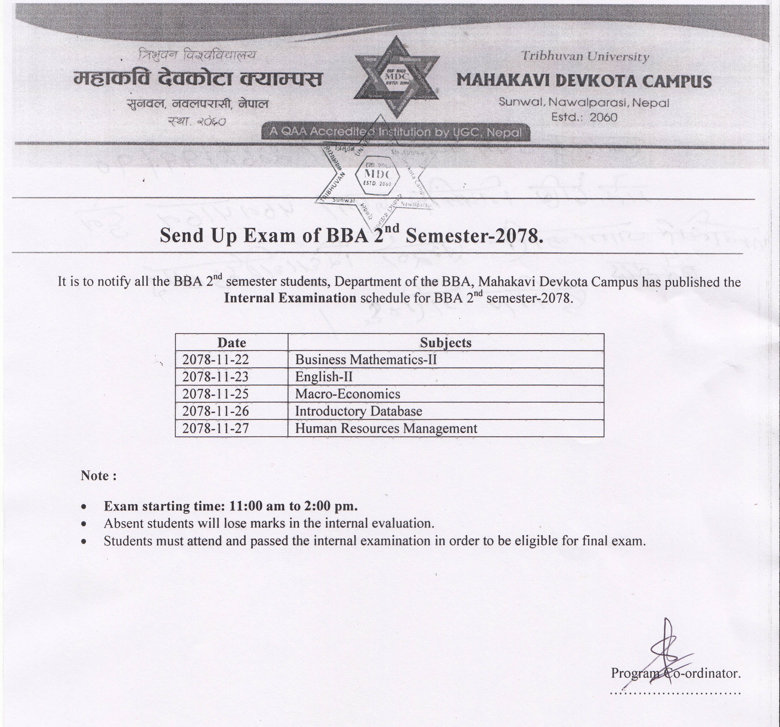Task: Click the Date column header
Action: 232,342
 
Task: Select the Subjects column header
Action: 445,342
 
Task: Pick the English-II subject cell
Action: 324,377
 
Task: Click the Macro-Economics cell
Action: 347,394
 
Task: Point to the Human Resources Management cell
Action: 386,428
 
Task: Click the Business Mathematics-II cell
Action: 365,359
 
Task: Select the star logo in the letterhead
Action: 396,77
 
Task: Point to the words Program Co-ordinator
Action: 676,673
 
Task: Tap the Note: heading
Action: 98,476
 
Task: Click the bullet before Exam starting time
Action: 83,507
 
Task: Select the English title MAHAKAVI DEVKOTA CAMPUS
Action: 583,81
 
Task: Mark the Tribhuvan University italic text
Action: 585,57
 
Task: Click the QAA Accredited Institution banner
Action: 396,132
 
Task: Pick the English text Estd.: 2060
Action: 584,117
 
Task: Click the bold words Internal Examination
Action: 290,298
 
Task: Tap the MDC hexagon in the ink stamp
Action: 377,178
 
